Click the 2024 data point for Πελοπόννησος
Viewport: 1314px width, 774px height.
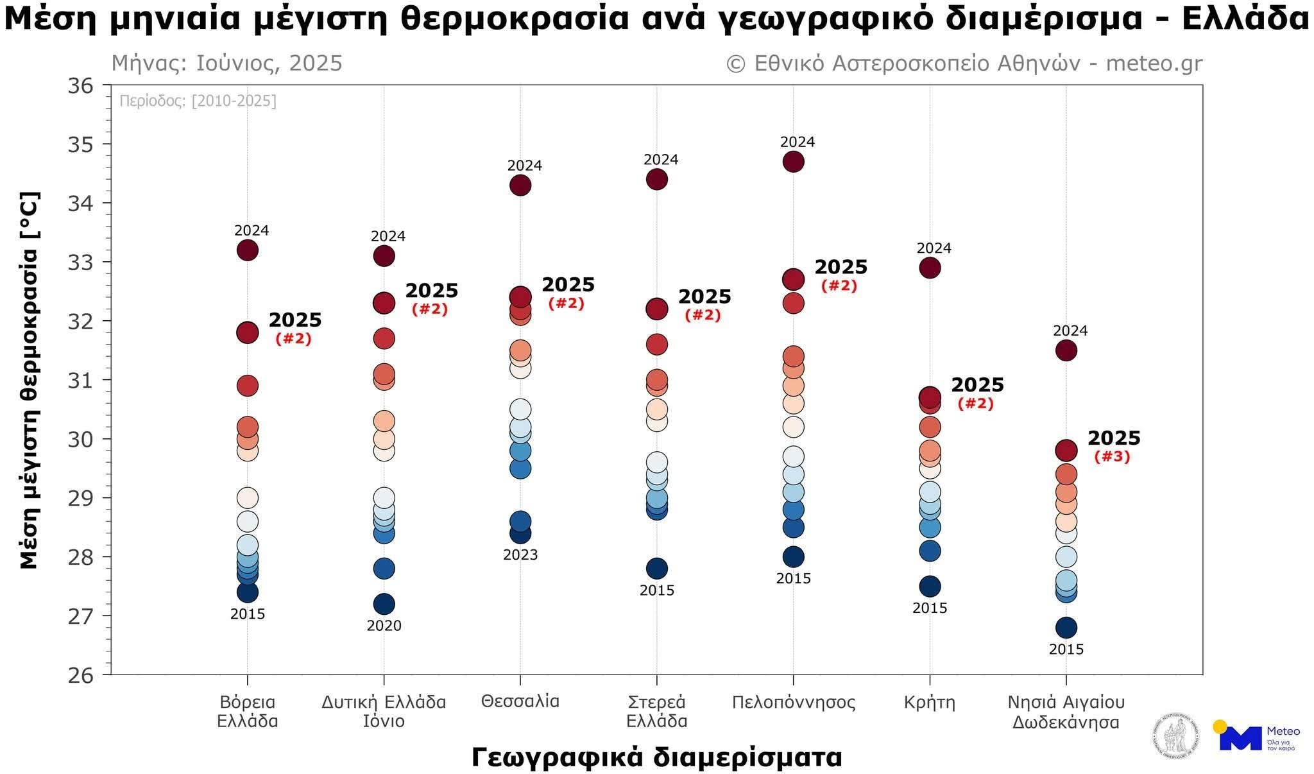(793, 162)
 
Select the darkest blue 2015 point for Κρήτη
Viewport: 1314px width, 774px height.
(930, 586)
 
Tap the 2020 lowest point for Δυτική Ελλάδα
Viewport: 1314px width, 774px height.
(384, 604)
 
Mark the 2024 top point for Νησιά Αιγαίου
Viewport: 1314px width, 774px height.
(1066, 350)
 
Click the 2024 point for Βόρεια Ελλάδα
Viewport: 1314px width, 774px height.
(248, 250)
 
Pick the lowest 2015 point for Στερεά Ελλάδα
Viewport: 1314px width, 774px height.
(656, 568)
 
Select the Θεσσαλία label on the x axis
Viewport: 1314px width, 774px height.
(520, 701)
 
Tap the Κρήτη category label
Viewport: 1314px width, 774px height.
(930, 702)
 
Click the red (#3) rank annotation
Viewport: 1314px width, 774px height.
(1112, 457)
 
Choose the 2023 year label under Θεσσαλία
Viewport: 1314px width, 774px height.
(520, 555)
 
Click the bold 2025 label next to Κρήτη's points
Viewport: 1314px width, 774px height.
(977, 385)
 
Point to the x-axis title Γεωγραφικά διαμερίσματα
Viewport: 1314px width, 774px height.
(656, 757)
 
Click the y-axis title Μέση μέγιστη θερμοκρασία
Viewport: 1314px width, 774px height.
(29, 380)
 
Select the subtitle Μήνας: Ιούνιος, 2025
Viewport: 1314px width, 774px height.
(227, 64)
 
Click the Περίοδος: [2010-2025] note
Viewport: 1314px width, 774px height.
(198, 101)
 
